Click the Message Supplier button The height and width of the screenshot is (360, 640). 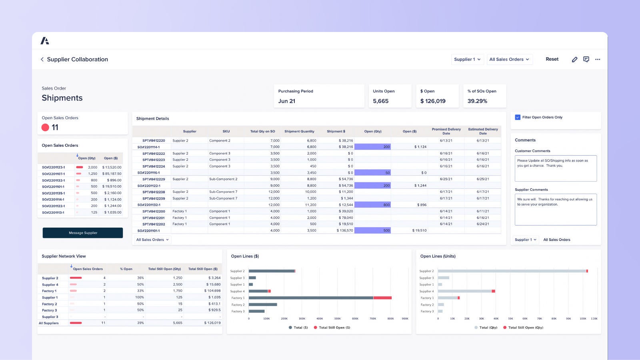[x=83, y=233]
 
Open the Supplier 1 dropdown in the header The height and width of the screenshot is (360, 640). [x=467, y=59]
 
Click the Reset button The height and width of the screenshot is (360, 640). [x=552, y=59]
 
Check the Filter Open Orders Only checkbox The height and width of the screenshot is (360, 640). [x=518, y=117]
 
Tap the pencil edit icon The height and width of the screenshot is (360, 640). [x=574, y=59]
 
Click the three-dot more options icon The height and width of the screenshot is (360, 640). [x=598, y=59]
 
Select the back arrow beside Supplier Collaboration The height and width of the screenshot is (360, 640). [x=42, y=59]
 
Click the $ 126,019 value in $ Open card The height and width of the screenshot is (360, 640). [x=433, y=101]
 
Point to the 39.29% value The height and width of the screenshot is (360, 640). [x=477, y=101]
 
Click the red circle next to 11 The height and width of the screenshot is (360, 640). [x=45, y=127]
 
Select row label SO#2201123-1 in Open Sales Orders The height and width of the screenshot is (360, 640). [x=53, y=167]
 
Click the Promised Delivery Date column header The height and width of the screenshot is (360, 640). [x=446, y=131]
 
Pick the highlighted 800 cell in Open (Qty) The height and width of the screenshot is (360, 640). [x=373, y=205]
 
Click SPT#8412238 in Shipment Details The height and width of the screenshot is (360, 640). [x=154, y=192]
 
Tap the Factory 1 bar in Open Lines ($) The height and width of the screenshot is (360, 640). [x=311, y=298]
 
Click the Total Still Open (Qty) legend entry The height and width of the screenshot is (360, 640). [x=525, y=328]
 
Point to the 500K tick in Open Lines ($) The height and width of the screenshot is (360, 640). [x=338, y=319]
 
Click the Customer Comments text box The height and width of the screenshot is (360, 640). [x=556, y=168]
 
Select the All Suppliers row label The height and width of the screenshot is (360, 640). [x=49, y=323]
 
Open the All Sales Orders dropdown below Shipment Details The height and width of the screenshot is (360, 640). [x=152, y=240]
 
